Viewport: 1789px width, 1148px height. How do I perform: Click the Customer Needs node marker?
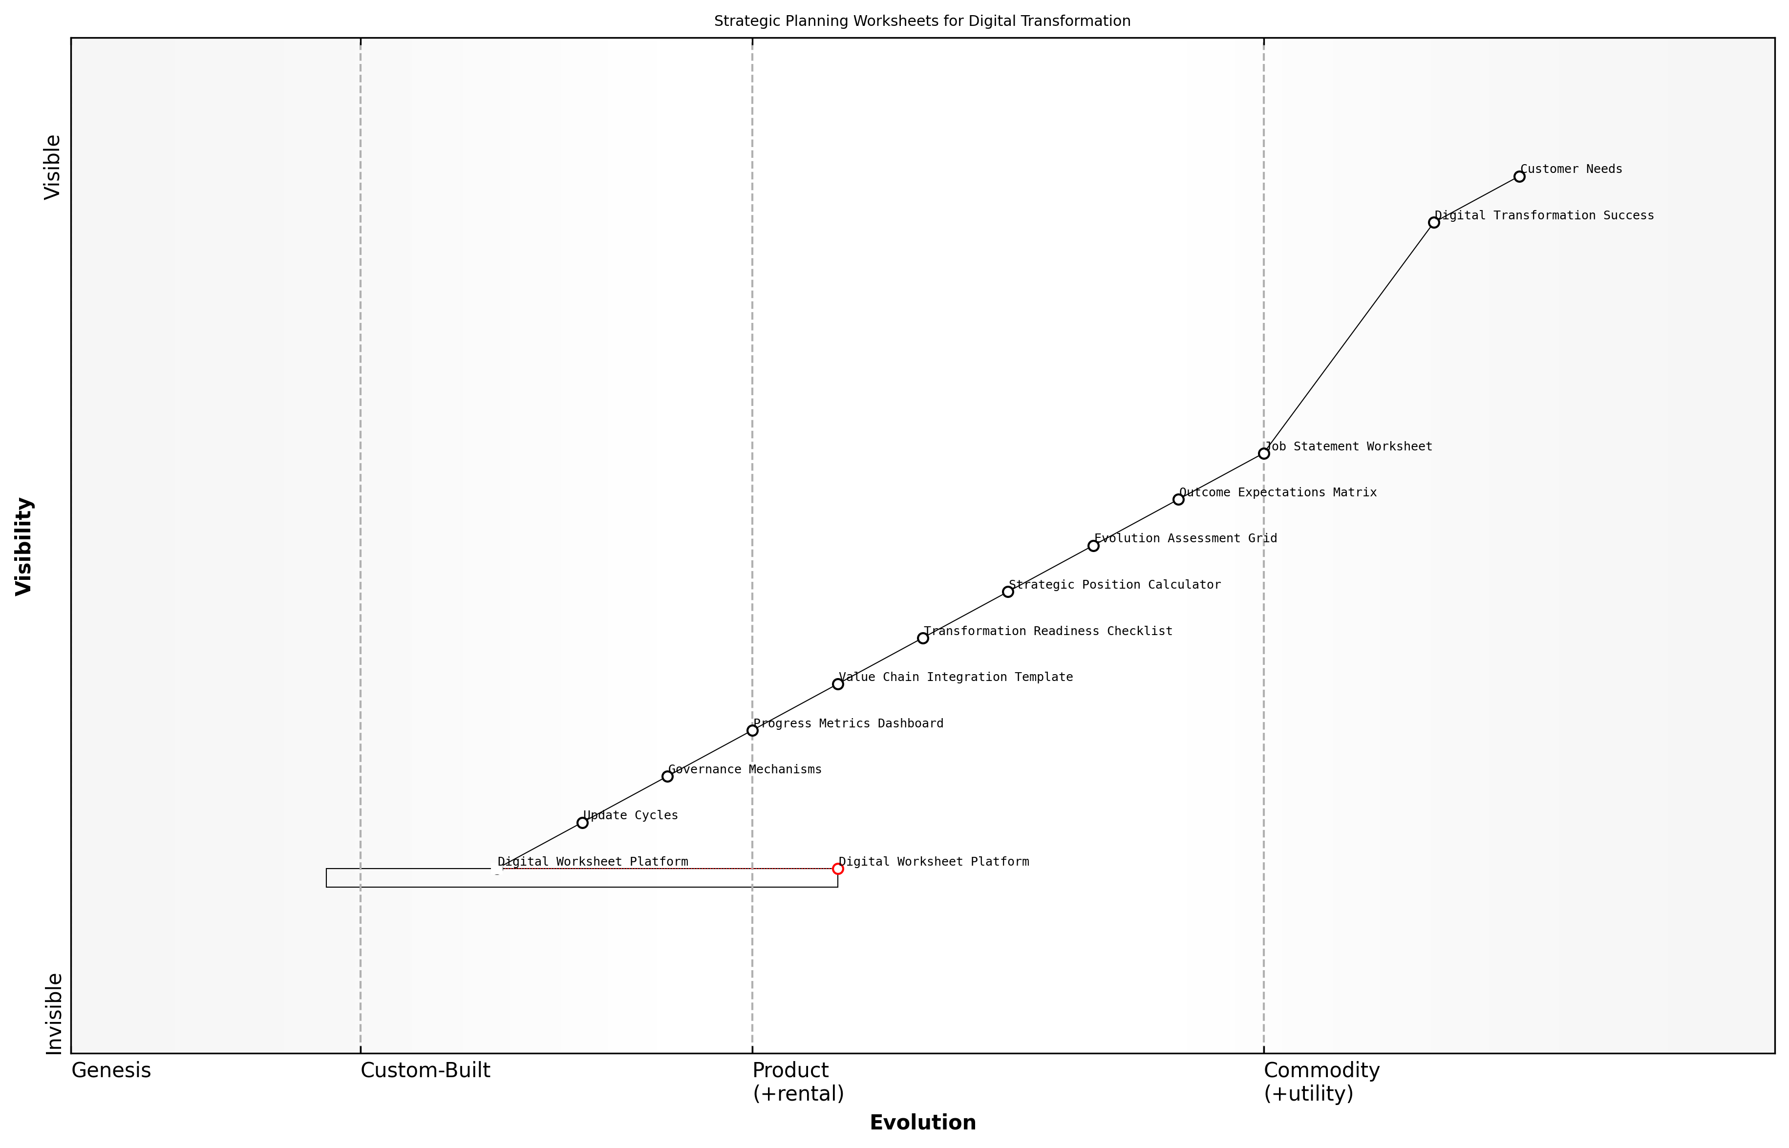1519,177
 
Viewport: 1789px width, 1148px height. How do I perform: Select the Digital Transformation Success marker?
1433,223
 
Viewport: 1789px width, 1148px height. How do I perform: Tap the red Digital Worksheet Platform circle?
838,869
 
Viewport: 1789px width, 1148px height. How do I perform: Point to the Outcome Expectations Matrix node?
1178,499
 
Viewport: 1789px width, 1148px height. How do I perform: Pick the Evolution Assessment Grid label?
1185,538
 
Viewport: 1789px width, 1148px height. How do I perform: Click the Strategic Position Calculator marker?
1008,592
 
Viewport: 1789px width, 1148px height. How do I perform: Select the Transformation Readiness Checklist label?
1047,631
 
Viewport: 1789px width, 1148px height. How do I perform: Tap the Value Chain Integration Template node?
838,684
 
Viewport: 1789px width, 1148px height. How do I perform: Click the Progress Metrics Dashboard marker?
752,730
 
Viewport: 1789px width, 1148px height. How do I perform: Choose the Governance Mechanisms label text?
745,769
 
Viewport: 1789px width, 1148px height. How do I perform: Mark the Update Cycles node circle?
582,823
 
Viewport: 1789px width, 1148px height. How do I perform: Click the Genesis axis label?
111,1071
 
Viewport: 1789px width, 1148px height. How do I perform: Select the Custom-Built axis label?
426,1071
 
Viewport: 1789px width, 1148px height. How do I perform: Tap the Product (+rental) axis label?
798,1083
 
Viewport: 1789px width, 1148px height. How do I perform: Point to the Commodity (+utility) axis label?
1321,1083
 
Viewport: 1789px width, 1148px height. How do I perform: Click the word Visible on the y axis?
52,167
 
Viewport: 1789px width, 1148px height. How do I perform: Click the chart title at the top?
922,21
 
